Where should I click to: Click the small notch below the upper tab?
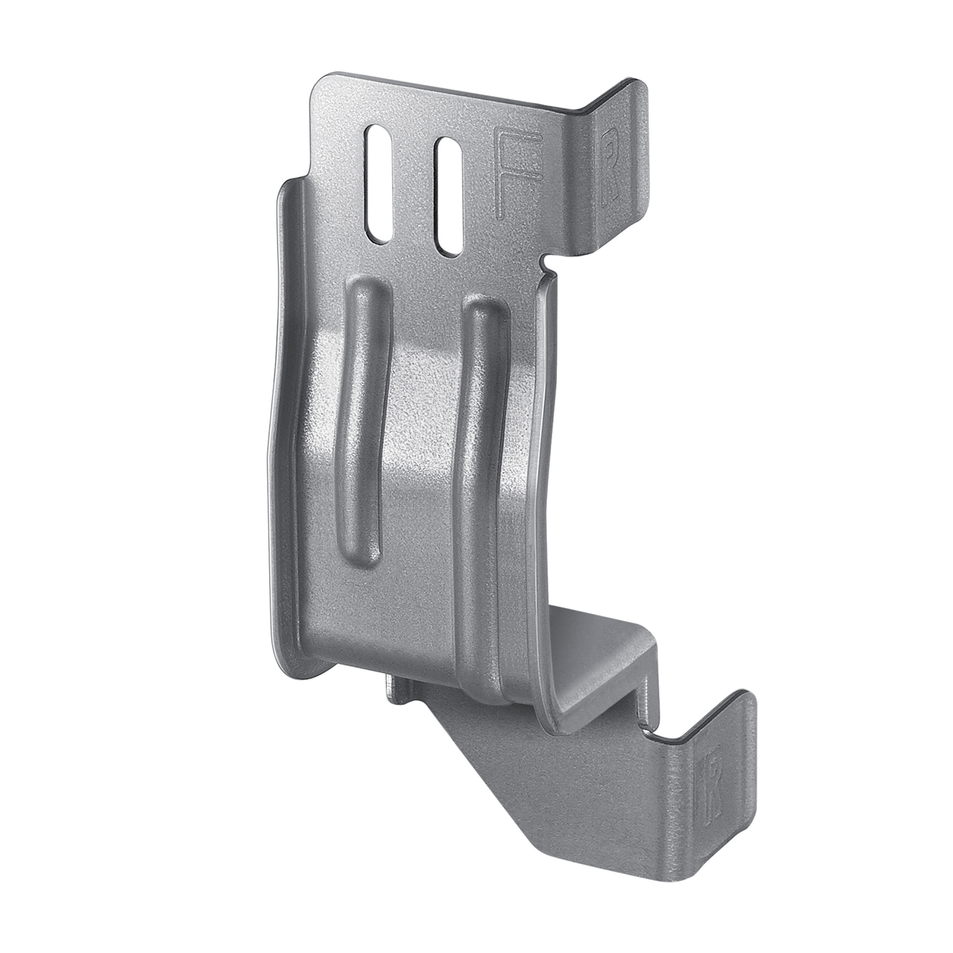pyautogui.click(x=548, y=262)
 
